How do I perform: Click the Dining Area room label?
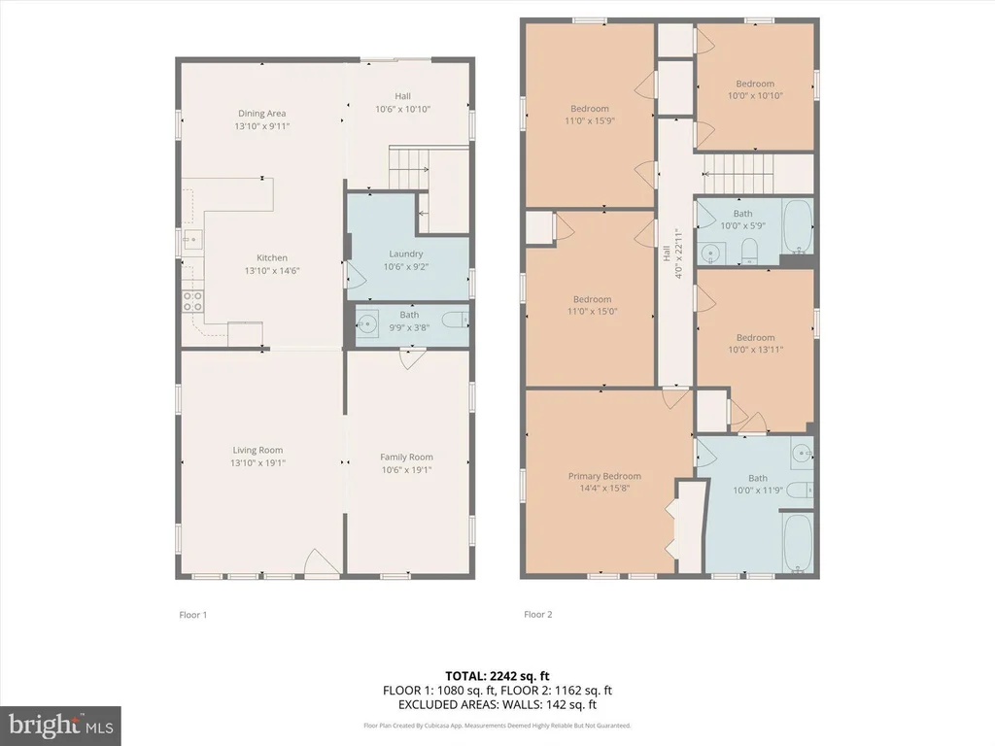[x=262, y=114]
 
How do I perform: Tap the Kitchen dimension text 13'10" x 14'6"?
[x=272, y=271]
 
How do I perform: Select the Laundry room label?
[x=406, y=254]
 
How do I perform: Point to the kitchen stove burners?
[x=193, y=301]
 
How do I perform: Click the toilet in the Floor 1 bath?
[x=456, y=320]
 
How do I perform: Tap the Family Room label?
[x=407, y=457]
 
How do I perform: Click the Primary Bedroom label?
[x=604, y=476]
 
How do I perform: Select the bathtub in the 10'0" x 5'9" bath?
[x=798, y=226]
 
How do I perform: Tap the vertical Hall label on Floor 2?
[x=667, y=254]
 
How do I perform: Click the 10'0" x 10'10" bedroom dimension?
[x=755, y=96]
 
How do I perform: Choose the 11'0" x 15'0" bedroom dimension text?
[x=592, y=312]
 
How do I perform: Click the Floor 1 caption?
[x=193, y=615]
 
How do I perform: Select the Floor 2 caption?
[x=538, y=614]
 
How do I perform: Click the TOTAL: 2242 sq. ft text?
[x=497, y=676]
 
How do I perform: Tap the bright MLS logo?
[x=60, y=725]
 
